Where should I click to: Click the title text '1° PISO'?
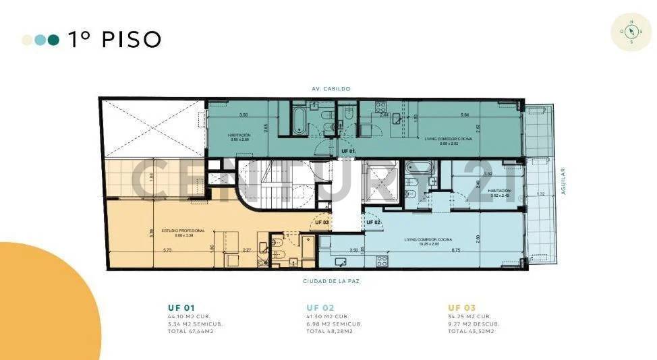(x=114, y=40)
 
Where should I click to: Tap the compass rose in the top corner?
(x=631, y=32)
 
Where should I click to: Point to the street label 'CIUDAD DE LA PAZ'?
(x=331, y=280)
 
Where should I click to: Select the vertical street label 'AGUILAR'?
(x=563, y=181)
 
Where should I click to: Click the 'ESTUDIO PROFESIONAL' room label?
(x=178, y=231)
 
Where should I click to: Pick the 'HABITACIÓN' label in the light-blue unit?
(x=500, y=191)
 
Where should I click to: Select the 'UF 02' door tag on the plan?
(x=374, y=222)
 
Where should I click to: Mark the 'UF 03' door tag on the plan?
(x=322, y=222)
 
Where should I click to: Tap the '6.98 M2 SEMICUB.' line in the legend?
(x=334, y=324)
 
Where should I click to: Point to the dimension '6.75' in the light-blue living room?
(x=456, y=250)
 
